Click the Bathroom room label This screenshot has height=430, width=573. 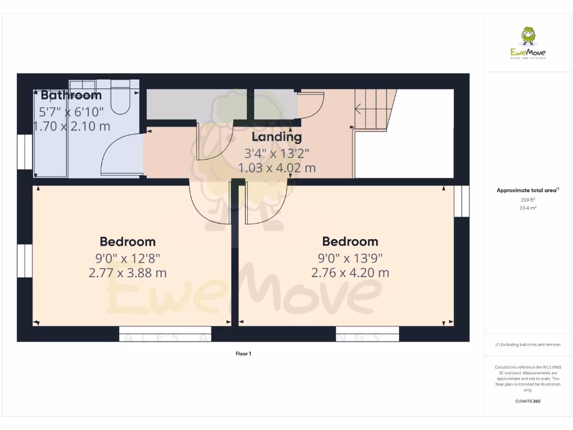click(71, 95)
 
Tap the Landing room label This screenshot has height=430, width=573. click(276, 137)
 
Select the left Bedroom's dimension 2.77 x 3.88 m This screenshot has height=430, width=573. click(128, 273)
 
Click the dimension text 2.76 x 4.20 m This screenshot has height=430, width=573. click(350, 273)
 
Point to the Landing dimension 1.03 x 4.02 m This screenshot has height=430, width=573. click(276, 167)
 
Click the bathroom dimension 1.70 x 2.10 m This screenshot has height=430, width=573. click(72, 126)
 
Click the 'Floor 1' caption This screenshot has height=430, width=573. click(243, 353)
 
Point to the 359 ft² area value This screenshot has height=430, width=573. click(528, 199)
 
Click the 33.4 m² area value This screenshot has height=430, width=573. click(528, 208)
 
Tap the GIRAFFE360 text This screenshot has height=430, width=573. click(528, 401)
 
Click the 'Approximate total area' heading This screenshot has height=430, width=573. click(527, 190)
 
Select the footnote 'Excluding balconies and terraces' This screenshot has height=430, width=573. click(528, 344)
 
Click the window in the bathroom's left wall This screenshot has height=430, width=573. click(25, 151)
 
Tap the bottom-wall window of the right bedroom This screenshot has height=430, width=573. click(368, 334)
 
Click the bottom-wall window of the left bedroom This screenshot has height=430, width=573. click(165, 334)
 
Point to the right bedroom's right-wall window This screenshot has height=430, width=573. click(462, 201)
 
